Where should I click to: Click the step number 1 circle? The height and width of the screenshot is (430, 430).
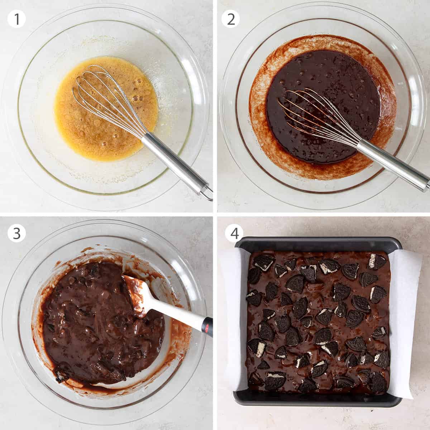coord(17,19)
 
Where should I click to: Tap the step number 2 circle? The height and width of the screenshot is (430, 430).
coord(231,19)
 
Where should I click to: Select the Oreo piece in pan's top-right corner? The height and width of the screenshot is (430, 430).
coord(376,262)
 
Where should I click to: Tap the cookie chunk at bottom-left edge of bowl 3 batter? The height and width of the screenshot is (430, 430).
coord(61,376)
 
